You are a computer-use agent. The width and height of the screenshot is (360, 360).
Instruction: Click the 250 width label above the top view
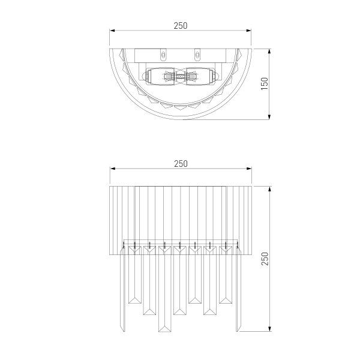pyautogui.click(x=181, y=25)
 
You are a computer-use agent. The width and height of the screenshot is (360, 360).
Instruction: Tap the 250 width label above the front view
pyautogui.click(x=181, y=163)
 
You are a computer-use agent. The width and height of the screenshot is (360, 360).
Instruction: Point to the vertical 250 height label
pyautogui.click(x=265, y=258)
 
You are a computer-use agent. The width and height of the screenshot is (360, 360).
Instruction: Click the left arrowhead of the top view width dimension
pyautogui.click(x=111, y=31)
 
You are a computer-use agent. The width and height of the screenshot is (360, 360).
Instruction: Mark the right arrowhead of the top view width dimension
pyautogui.click(x=251, y=31)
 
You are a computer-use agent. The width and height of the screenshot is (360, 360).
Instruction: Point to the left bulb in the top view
pyautogui.click(x=160, y=77)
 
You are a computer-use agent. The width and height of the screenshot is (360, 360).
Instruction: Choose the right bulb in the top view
pyautogui.click(x=200, y=77)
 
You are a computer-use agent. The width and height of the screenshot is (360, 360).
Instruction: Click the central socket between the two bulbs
pyautogui.click(x=180, y=77)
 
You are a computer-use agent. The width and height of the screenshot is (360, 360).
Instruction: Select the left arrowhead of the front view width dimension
pyautogui.click(x=111, y=169)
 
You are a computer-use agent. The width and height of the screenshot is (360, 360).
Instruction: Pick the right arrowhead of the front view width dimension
pyautogui.click(x=251, y=169)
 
